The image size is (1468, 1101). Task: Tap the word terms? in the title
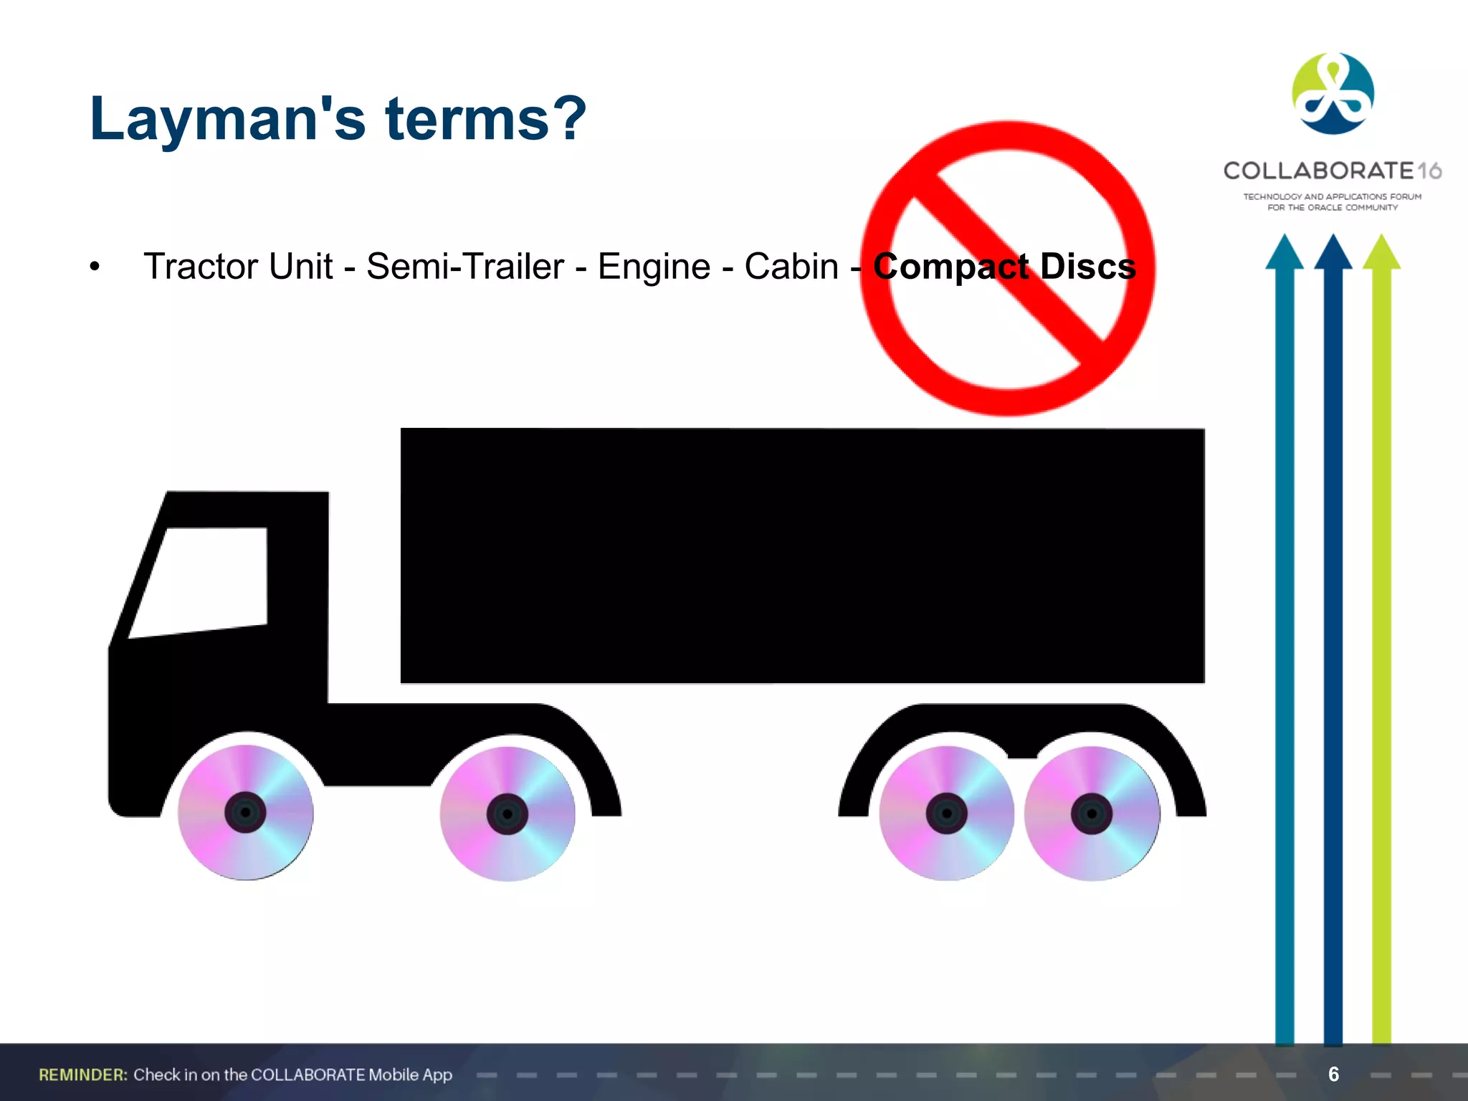point(486,119)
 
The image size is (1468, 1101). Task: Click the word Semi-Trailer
point(465,267)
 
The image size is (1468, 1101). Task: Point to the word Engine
point(654,267)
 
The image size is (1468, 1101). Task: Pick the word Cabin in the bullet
point(791,267)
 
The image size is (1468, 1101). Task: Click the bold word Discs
point(1087,267)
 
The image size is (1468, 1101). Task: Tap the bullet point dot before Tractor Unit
point(95,267)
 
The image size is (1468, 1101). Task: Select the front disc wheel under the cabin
point(245,812)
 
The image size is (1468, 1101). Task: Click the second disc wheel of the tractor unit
point(507,814)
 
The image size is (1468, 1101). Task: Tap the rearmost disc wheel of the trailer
point(1092,814)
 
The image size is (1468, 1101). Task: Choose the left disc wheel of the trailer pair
point(946,813)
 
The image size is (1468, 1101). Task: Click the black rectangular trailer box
point(802,556)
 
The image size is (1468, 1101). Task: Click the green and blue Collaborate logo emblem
point(1333,94)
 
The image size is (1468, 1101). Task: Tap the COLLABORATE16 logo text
point(1332,171)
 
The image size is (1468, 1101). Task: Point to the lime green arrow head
point(1381,252)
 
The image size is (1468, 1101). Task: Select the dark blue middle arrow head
point(1333,252)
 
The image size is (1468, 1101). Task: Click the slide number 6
point(1333,1074)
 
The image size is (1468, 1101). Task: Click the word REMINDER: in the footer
point(83,1074)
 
